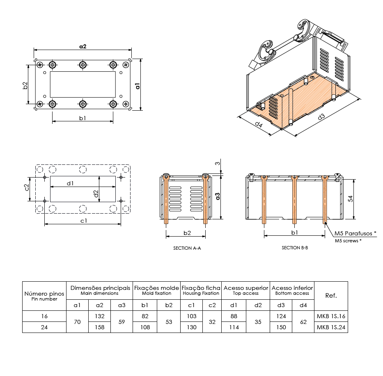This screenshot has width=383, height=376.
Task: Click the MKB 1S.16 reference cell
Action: (331, 316)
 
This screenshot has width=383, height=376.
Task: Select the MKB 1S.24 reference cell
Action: (331, 327)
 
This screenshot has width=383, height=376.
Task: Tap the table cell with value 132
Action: (99, 316)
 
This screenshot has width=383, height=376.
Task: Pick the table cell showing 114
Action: (234, 327)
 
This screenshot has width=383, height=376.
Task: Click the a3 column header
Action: (122, 305)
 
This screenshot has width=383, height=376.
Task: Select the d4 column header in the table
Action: (303, 305)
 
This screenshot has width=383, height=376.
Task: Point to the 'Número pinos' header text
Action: (44, 294)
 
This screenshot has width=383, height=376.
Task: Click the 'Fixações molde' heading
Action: (156, 288)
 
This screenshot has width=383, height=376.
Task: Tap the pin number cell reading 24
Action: (44, 327)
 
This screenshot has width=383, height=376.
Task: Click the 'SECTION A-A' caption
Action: (187, 248)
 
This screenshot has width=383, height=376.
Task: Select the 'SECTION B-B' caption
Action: (295, 248)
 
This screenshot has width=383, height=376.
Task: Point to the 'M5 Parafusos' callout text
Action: (353, 233)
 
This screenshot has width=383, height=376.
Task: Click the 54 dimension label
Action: (350, 198)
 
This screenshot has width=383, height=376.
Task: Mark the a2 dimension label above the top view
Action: (83, 46)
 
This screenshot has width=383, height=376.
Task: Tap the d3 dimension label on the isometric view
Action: (321, 117)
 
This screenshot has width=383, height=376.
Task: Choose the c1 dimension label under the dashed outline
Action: (84, 221)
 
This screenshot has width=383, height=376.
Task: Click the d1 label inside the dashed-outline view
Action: (70, 183)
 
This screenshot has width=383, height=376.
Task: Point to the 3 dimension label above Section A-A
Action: (218, 164)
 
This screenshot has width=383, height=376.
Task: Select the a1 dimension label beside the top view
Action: (138, 86)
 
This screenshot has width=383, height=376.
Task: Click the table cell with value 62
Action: (303, 322)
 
